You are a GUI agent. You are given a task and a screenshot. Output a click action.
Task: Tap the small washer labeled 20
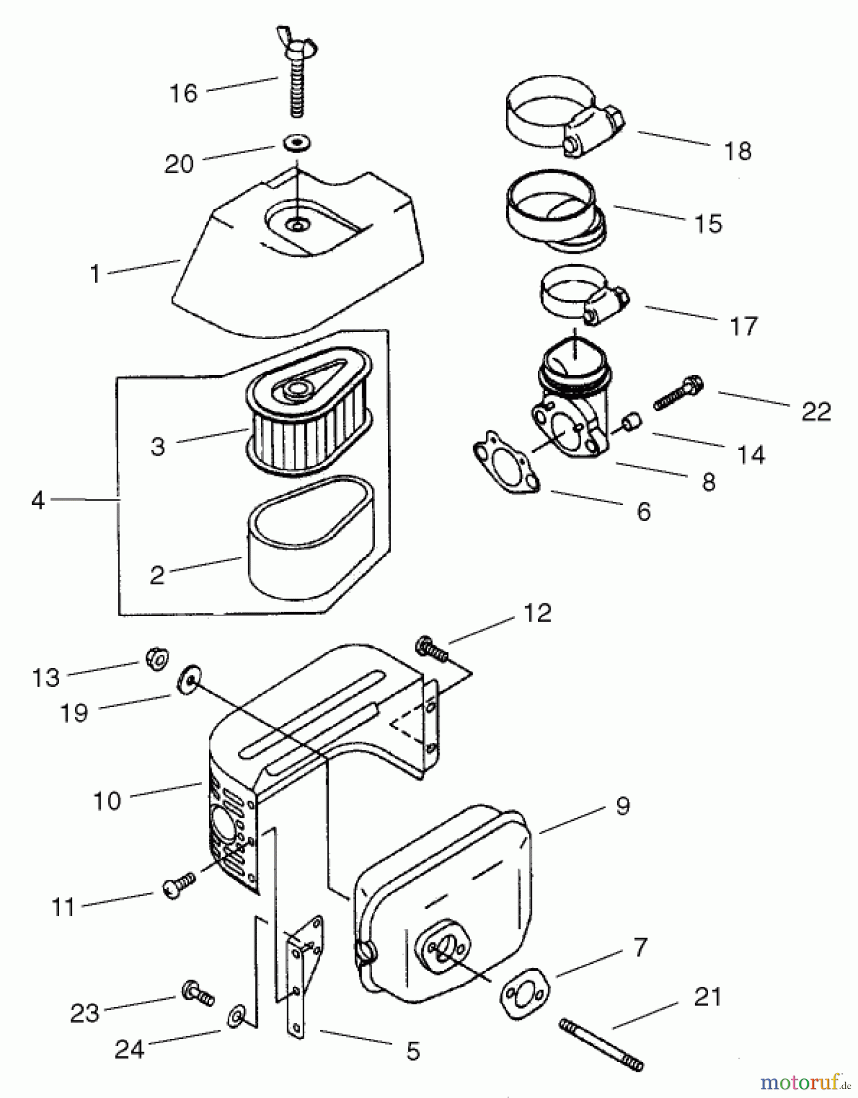pos(297,145)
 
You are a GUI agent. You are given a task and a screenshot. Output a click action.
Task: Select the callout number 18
pos(737,151)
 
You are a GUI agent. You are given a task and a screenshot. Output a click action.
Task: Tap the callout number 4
pos(38,501)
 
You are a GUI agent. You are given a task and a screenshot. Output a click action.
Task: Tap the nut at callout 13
pos(157,659)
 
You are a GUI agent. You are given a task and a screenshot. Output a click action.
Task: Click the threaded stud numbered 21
pos(600,1044)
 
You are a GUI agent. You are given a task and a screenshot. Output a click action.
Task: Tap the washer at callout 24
pos(235,1017)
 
